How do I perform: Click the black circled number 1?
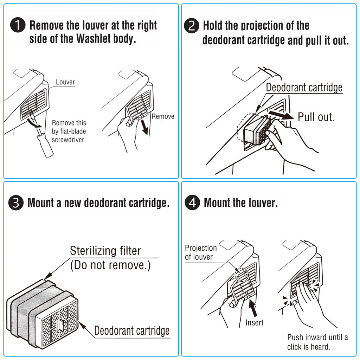click(x=18, y=26)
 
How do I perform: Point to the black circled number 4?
click(x=192, y=203)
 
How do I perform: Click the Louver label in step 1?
click(x=65, y=82)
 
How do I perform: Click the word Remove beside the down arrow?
click(x=163, y=116)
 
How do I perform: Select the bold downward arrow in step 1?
click(x=144, y=126)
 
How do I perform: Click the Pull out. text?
click(x=316, y=117)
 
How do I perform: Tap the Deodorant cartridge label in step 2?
click(x=304, y=88)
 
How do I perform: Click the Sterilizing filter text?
click(x=105, y=251)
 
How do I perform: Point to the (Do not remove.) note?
click(x=110, y=265)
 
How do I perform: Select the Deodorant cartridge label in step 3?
click(x=132, y=330)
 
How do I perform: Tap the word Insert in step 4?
click(x=254, y=322)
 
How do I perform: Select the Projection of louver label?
click(x=201, y=252)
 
